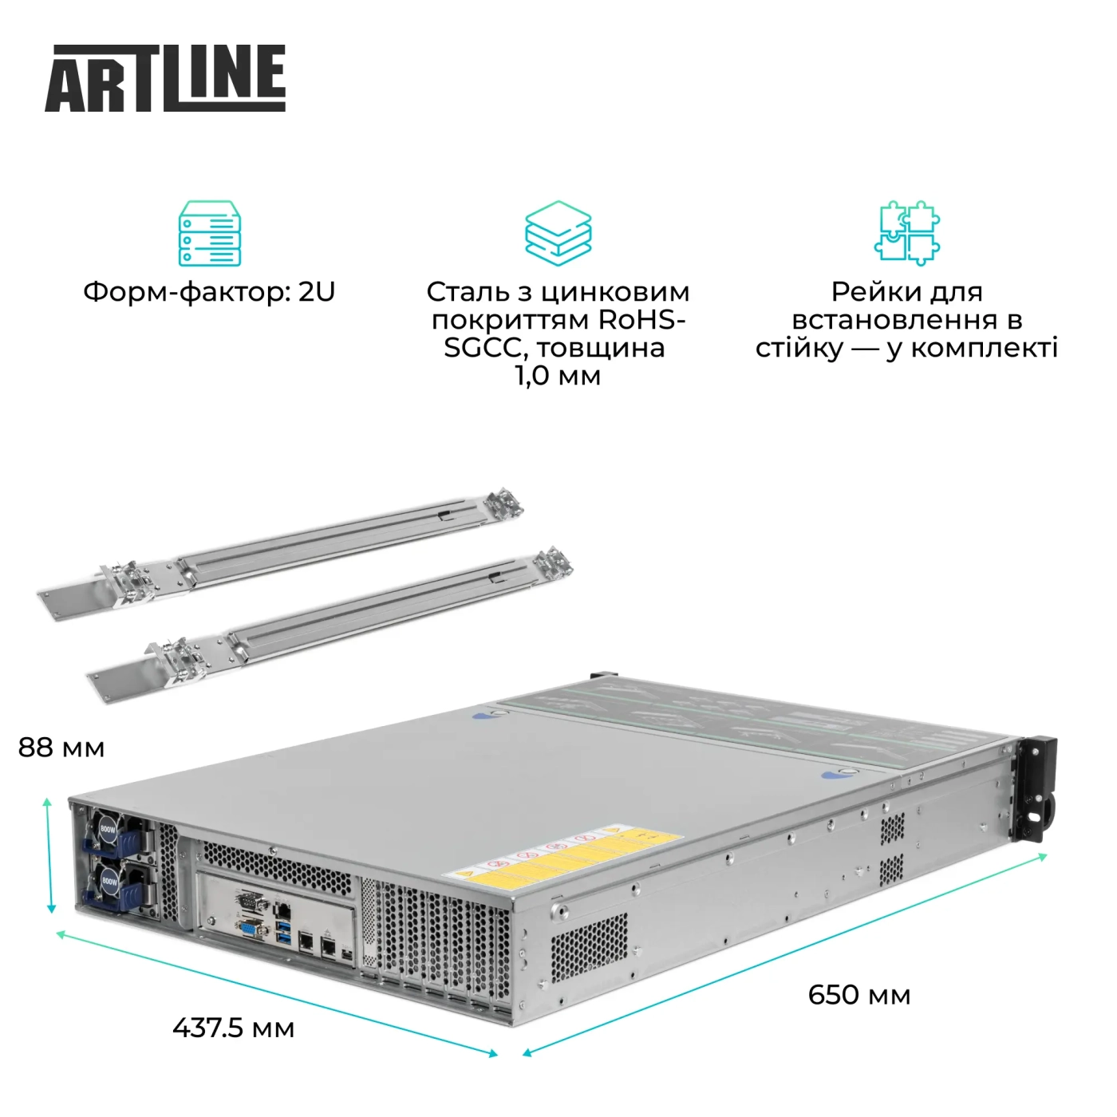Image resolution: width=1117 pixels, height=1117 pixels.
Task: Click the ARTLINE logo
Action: [x=165, y=78]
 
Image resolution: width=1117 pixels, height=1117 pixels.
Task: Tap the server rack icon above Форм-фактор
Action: [x=209, y=233]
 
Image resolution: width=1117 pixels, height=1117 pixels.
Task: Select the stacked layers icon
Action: [x=558, y=233]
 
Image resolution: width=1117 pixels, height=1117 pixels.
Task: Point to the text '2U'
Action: [x=317, y=292]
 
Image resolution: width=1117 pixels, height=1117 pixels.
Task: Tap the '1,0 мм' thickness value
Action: [x=558, y=376]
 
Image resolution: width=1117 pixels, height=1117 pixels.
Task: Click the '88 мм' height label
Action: [x=61, y=748]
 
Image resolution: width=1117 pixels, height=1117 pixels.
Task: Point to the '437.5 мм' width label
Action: [x=233, y=1028]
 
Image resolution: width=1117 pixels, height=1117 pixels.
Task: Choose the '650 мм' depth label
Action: [x=858, y=995]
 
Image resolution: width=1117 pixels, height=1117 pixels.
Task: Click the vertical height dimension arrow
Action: [x=49, y=854]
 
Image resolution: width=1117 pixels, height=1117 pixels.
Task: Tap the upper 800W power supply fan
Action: [x=108, y=830]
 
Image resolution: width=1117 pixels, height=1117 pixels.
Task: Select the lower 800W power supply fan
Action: [x=109, y=882]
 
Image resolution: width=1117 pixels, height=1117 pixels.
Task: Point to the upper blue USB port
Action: [x=283, y=926]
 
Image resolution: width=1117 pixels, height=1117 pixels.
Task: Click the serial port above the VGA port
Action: [x=251, y=902]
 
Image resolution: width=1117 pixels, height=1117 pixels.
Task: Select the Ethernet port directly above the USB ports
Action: [x=282, y=908]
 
